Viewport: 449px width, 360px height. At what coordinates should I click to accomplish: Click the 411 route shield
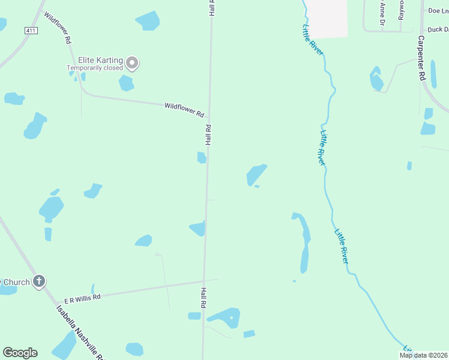click(31, 30)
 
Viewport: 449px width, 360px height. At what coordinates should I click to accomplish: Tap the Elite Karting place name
click(100, 61)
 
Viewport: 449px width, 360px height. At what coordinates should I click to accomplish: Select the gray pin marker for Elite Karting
click(132, 62)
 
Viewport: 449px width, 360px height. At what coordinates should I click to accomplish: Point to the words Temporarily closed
click(95, 68)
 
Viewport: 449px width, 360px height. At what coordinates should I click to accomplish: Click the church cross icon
click(39, 281)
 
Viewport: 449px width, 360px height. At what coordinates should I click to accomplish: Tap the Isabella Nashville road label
click(81, 331)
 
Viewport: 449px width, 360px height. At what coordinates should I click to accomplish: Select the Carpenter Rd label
click(421, 58)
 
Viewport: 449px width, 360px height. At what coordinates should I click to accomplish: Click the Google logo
click(20, 353)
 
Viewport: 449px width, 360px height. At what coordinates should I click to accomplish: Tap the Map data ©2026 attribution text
click(424, 355)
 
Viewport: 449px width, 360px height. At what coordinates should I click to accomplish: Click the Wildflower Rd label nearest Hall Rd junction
click(184, 110)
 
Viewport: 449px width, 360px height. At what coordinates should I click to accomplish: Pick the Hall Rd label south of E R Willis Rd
click(203, 298)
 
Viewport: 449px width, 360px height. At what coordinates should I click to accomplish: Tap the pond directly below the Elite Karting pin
click(126, 83)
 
